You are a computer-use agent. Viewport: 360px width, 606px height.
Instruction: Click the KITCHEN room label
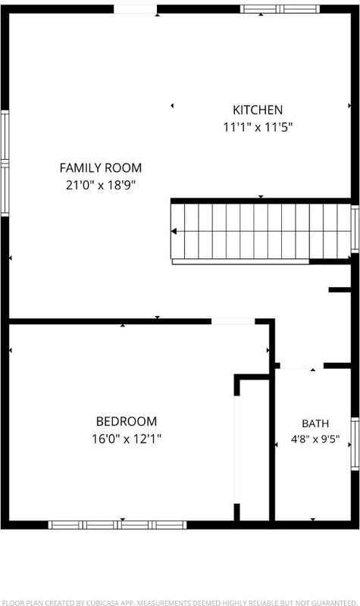click(x=258, y=110)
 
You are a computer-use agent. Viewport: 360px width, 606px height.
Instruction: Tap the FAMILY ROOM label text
click(x=101, y=167)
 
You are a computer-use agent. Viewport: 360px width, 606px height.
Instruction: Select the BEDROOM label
click(x=127, y=421)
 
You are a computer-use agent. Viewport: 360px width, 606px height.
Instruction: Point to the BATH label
click(x=315, y=423)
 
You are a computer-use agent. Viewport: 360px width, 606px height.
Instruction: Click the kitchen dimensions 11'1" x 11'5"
click(x=258, y=127)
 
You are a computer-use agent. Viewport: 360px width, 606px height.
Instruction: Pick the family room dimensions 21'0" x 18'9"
click(x=101, y=186)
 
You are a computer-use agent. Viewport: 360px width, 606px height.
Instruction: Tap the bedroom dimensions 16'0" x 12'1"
click(x=127, y=439)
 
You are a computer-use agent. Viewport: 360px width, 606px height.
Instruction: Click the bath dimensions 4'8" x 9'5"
click(x=315, y=439)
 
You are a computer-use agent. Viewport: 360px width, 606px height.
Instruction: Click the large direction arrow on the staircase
click(x=174, y=231)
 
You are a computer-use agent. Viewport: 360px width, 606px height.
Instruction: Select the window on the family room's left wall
click(x=5, y=163)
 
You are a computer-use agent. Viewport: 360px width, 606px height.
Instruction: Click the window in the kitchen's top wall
click(x=280, y=9)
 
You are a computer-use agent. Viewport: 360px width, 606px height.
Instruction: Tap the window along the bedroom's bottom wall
click(x=117, y=525)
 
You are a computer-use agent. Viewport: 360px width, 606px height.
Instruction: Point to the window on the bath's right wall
click(x=355, y=444)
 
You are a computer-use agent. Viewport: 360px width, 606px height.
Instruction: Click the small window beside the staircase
click(x=355, y=229)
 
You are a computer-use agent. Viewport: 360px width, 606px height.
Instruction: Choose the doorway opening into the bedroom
click(x=233, y=321)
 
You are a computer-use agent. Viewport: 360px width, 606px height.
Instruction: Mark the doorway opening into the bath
click(x=302, y=366)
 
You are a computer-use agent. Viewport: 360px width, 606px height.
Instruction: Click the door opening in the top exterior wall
click(x=136, y=9)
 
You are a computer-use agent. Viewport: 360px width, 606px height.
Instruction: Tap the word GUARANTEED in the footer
click(x=333, y=602)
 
